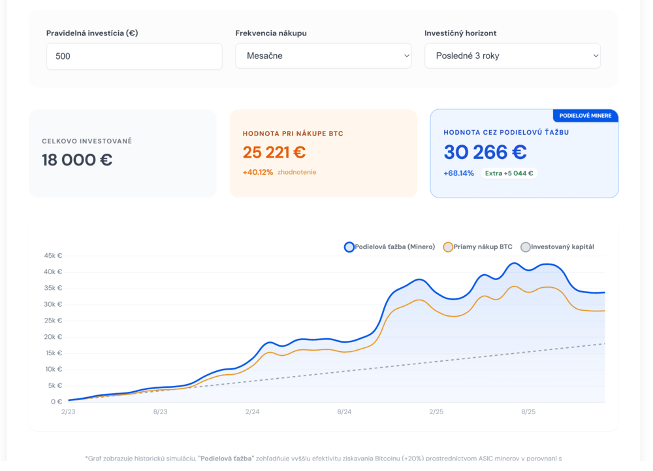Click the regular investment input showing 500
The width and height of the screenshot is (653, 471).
134,56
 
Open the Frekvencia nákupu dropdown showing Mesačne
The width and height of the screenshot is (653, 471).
323,56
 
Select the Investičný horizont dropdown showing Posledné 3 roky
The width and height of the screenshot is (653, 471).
513,56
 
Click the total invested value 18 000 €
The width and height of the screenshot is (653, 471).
77,160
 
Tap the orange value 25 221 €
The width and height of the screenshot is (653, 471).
274,152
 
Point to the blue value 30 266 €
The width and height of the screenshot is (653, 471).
485,152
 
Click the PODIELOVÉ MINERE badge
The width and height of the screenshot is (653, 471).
585,116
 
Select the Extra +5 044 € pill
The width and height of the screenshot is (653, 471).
509,173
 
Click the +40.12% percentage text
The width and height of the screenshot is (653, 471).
258,172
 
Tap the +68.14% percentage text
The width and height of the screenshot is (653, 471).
458,173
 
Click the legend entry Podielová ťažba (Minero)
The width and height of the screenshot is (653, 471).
390,247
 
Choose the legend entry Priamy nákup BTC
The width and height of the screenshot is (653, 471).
478,247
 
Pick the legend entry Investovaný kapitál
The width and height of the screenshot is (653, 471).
558,247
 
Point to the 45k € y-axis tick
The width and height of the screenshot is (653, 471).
53,256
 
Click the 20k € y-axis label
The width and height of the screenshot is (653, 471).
53,337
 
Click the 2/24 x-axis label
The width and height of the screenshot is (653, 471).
252,412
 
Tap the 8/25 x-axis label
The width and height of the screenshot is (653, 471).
528,412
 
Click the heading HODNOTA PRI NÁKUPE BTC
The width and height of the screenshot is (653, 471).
293,134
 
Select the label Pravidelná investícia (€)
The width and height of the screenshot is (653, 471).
92,33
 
